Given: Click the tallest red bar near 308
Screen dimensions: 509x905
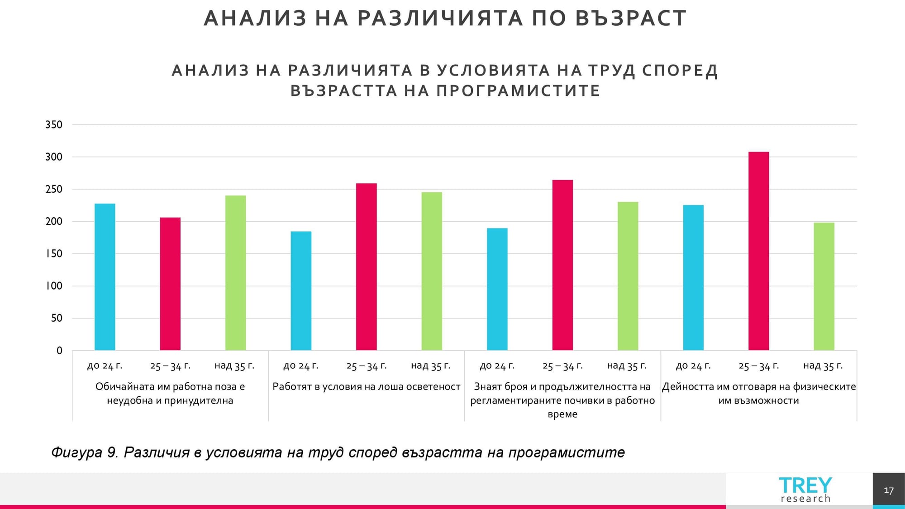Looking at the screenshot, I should (758, 251).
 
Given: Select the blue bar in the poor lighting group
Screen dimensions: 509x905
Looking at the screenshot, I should (301, 291).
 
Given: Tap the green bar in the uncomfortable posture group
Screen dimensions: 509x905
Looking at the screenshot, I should (236, 273).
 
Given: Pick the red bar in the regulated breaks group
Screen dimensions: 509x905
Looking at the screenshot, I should (562, 265).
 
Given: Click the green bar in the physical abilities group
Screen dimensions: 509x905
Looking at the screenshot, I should (824, 286).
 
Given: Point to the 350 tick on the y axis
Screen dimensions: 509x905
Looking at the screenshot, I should (54, 125).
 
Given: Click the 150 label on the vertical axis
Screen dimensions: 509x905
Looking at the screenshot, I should (54, 254).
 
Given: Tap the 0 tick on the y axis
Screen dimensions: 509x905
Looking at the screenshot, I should (59, 351).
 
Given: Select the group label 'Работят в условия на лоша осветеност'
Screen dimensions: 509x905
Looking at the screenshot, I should (366, 387).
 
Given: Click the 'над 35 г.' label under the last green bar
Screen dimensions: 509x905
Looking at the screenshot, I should (823, 366).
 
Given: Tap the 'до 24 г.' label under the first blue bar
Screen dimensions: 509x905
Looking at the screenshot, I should (105, 366).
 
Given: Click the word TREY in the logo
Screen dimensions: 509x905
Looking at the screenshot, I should (805, 485).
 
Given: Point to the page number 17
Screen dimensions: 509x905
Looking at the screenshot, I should (888, 490).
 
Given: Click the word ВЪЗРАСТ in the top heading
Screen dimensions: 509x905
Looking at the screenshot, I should (631, 19).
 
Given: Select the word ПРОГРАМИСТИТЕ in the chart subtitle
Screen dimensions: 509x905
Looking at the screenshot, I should (518, 90).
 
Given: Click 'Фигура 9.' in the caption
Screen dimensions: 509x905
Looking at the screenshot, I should (85, 452).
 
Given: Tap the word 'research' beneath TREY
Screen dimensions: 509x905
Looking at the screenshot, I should (805, 499).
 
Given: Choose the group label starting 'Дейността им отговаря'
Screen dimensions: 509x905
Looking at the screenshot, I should (758, 393).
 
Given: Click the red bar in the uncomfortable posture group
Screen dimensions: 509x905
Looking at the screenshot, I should (170, 284).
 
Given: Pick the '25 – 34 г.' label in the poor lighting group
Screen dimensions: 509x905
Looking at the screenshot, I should (366, 366).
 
